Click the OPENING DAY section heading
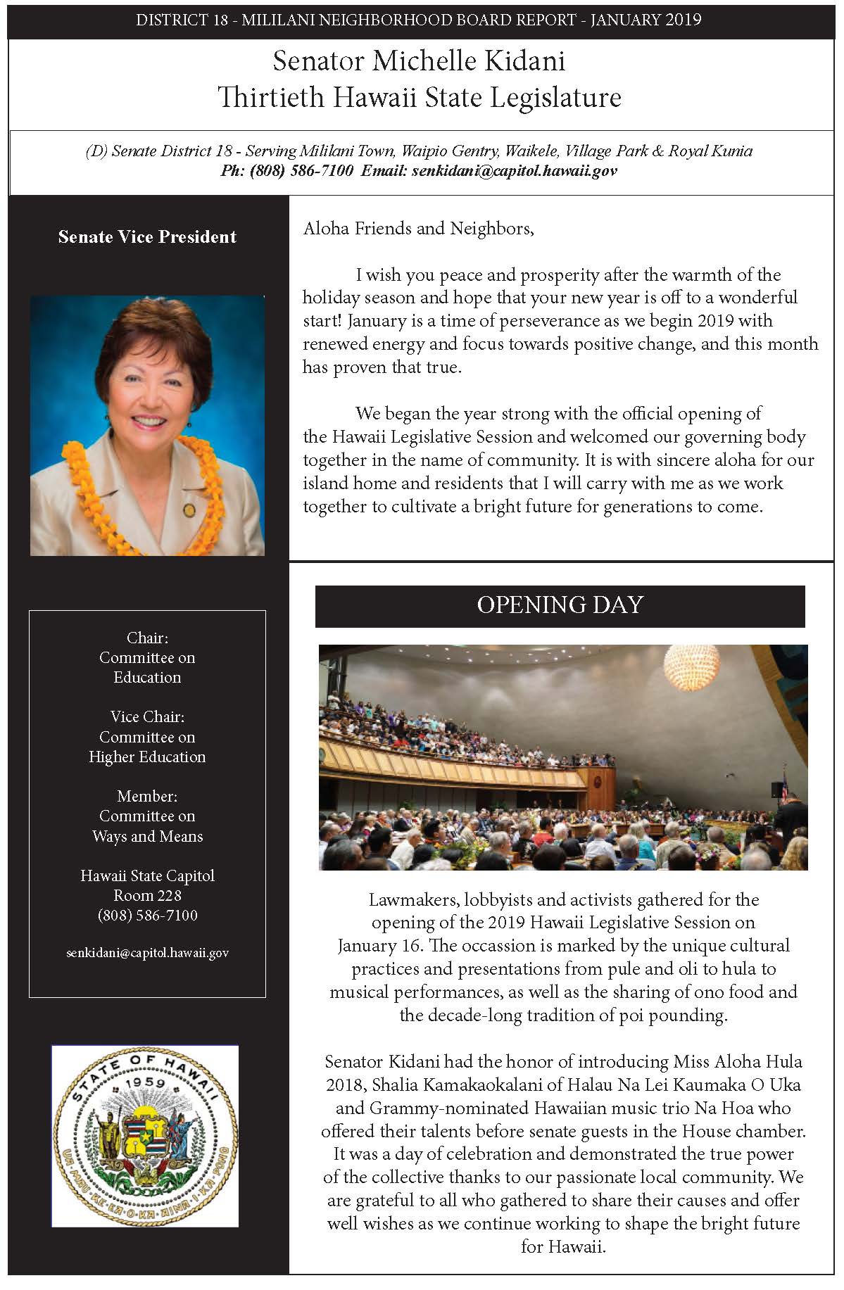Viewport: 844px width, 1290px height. coord(560,605)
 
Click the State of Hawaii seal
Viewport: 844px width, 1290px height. coord(145,1136)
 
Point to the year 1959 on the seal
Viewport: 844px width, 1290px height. coord(145,1083)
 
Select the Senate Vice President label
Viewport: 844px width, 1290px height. coord(147,236)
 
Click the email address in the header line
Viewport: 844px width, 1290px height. coord(515,170)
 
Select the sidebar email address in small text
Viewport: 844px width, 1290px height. coord(147,953)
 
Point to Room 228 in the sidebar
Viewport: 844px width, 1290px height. coord(147,895)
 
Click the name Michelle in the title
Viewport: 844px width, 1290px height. coord(419,61)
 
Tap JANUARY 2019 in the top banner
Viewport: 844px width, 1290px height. coord(645,19)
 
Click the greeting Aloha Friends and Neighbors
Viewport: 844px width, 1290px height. coord(418,229)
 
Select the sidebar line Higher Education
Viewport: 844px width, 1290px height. coord(147,757)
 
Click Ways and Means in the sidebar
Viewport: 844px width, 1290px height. coord(147,836)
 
